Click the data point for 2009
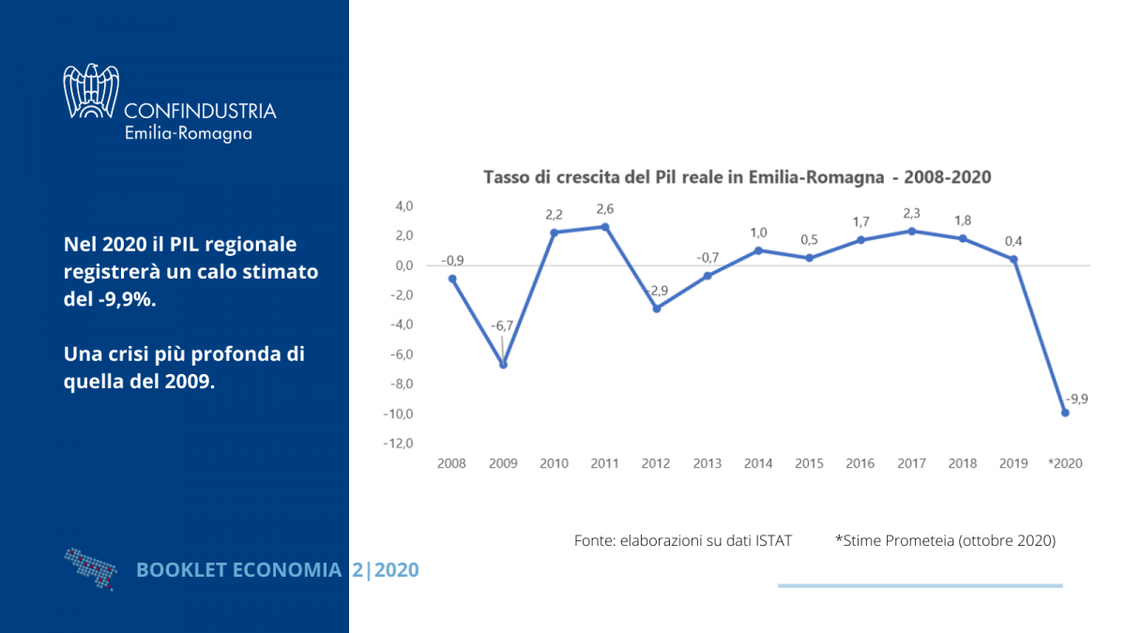[x=503, y=365]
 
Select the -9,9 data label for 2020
[x=1077, y=399]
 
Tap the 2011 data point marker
[x=605, y=227]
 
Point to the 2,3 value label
[x=911, y=212]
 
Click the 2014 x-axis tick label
[x=758, y=463]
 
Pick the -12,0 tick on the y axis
[x=400, y=444]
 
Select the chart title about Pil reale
[x=737, y=176]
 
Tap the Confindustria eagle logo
[x=91, y=91]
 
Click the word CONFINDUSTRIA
[x=200, y=111]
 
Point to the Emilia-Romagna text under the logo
[x=188, y=133]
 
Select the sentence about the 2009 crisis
[x=184, y=369]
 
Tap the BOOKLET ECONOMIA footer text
[x=239, y=569]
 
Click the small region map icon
[x=91, y=566]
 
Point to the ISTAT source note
[x=683, y=541]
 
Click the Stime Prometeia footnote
[x=945, y=541]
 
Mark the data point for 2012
[x=657, y=309]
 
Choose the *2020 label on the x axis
[x=1064, y=463]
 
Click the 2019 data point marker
[x=1013, y=260]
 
